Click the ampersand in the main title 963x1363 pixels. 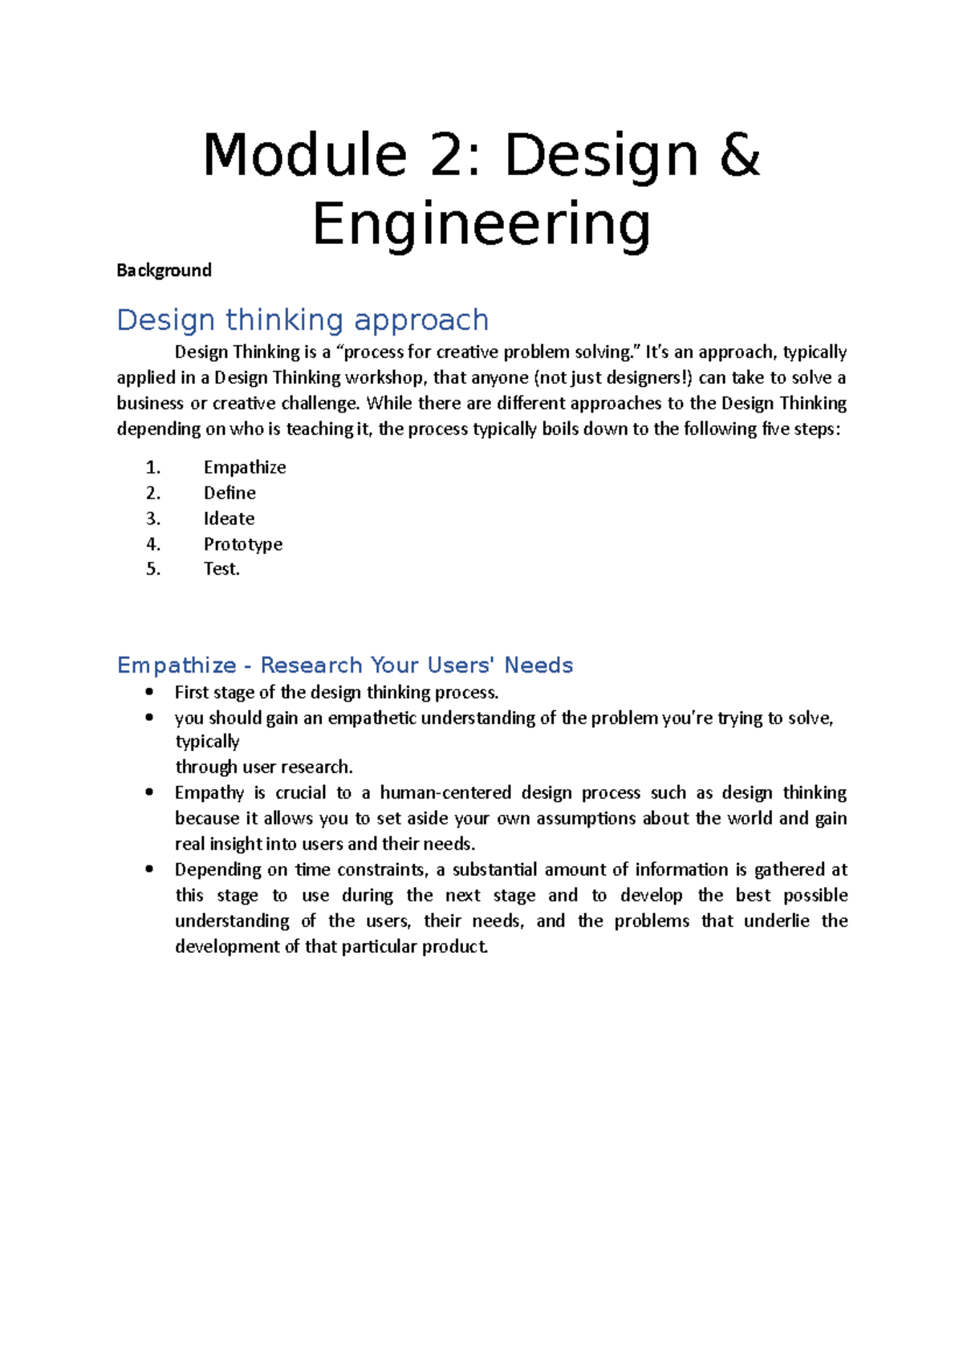pos(739,155)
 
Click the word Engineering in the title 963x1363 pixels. pos(481,225)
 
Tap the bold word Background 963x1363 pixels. pos(164,271)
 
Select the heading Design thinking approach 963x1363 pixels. pos(303,319)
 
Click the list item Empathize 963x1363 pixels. pos(245,467)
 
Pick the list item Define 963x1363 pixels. pos(230,493)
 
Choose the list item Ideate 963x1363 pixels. pos(229,519)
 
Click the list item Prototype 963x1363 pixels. pos(242,544)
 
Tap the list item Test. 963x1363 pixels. pos(221,569)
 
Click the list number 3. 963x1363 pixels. pos(152,519)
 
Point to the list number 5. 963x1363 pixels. pos(152,569)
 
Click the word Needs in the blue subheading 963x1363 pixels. pos(538,665)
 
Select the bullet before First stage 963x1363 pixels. pos(149,692)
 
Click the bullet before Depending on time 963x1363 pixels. pos(149,869)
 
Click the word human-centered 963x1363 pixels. pos(445,792)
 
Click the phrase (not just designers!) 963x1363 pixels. pos(613,377)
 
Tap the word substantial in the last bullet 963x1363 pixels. pos(494,869)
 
